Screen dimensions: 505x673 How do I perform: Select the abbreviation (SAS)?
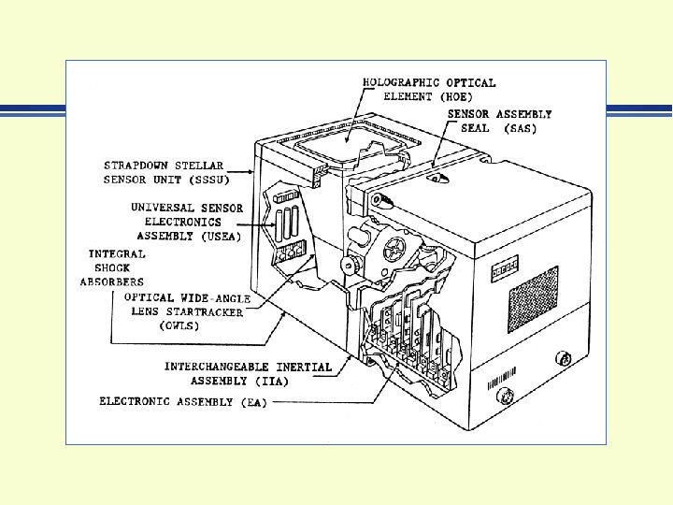519,128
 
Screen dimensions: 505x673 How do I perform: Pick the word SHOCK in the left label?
112,267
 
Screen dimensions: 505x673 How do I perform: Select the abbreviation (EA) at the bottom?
251,402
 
